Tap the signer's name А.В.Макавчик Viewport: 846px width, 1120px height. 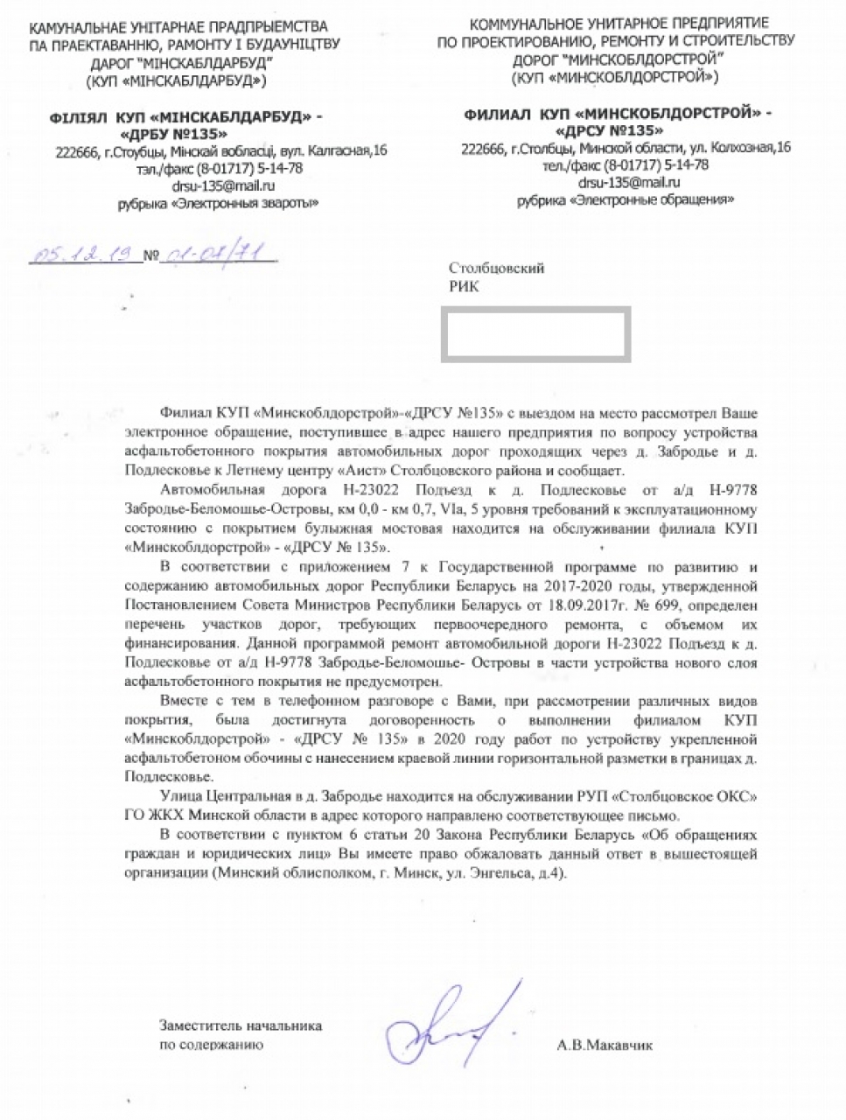pyautogui.click(x=604, y=1045)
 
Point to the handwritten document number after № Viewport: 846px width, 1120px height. pyautogui.click(x=213, y=255)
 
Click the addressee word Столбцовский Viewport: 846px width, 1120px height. pyautogui.click(x=496, y=269)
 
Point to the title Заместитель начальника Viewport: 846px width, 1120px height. pyautogui.click(x=240, y=1025)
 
